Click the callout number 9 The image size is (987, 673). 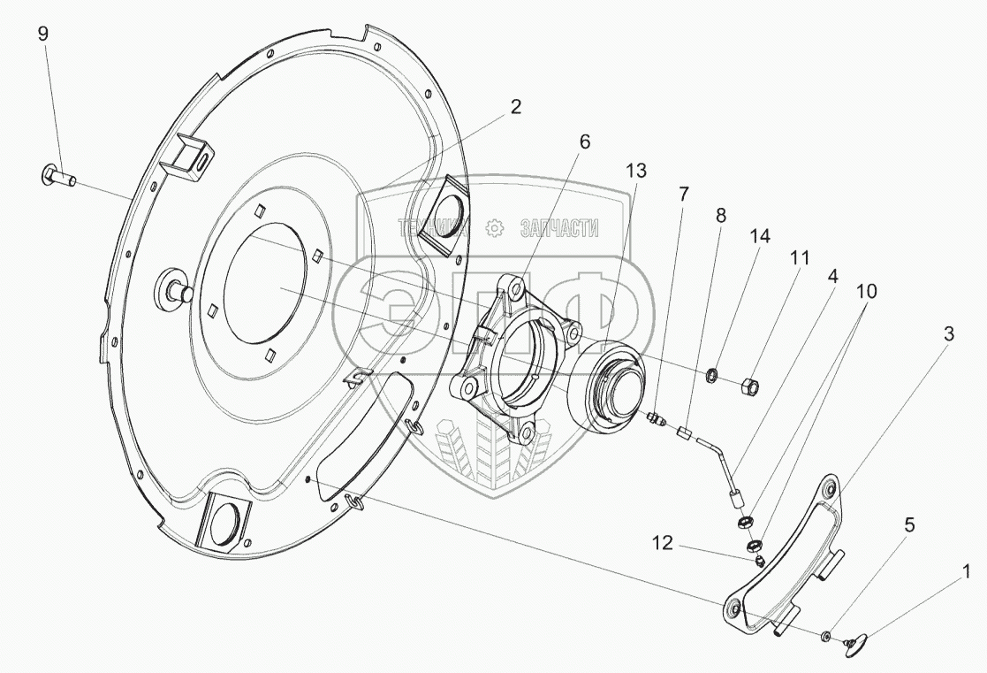pos(42,34)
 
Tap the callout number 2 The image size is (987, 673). pos(515,107)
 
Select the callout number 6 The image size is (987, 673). pos(585,141)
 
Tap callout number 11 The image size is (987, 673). pos(800,257)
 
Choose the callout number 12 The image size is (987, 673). pos(662,543)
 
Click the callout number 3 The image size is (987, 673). pos(948,333)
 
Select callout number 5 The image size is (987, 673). pos(909,525)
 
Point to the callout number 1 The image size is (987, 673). pos(964,572)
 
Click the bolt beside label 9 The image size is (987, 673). pos(59,177)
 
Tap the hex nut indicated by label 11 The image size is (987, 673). pos(750,385)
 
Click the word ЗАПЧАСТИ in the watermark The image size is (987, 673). pos(559,228)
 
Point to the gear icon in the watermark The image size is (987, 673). pos(496,228)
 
